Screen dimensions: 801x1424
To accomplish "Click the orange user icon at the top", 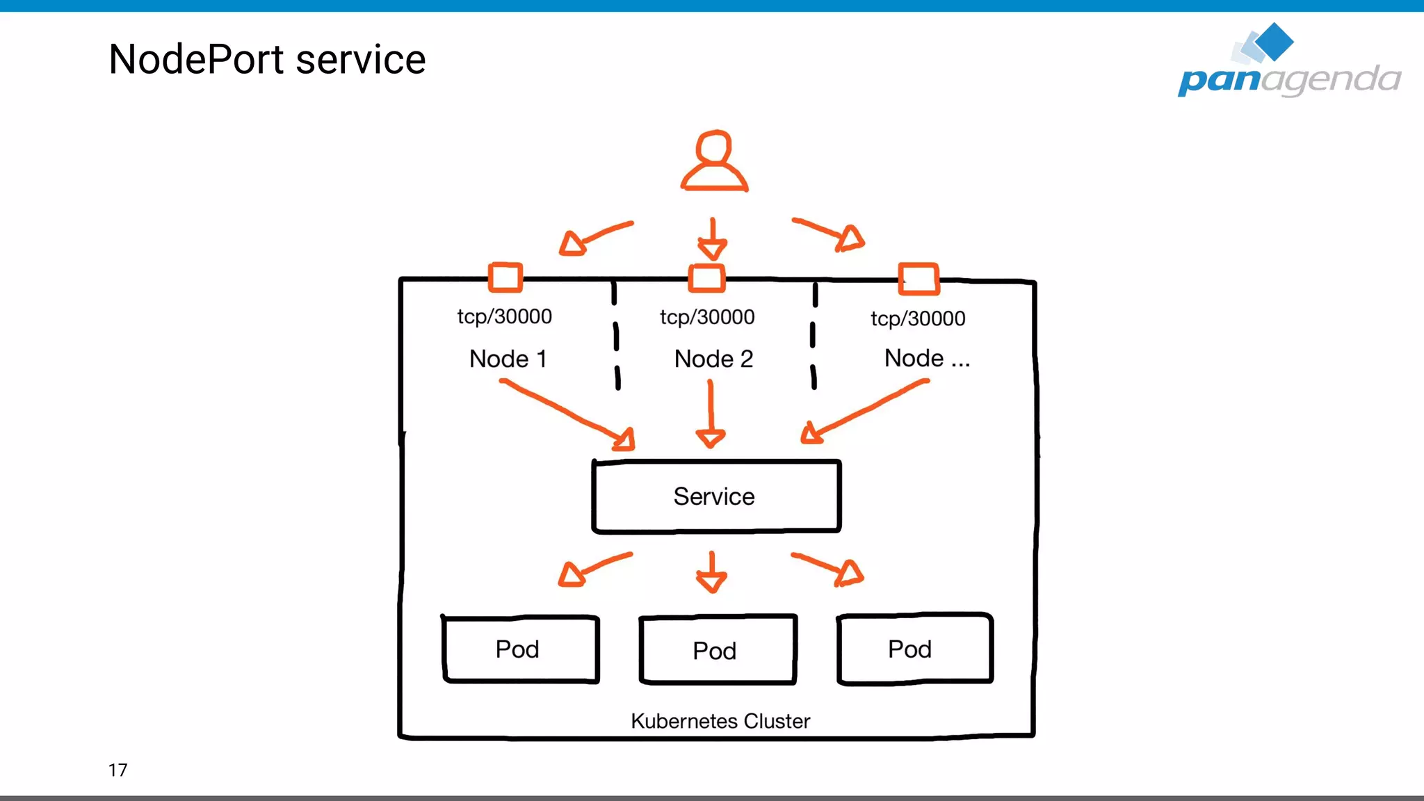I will [714, 161].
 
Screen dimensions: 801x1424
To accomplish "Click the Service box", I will [716, 496].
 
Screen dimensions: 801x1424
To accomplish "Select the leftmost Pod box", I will [520, 649].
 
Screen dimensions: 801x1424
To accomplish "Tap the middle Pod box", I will [718, 650].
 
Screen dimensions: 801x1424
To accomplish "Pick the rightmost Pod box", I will [914, 649].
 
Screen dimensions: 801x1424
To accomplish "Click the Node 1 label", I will [508, 359].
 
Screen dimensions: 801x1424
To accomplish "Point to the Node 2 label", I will [713, 359].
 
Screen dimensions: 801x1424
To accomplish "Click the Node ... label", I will [926, 358].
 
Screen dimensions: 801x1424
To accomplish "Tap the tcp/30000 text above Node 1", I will [504, 316].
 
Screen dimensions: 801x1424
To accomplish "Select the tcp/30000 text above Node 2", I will [707, 317].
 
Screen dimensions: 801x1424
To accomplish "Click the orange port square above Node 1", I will [505, 277].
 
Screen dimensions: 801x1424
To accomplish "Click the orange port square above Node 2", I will [706, 278].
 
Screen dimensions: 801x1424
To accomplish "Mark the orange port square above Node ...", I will [919, 279].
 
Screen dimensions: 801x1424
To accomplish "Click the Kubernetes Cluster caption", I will [720, 721].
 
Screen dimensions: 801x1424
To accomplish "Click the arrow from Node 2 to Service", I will [711, 414].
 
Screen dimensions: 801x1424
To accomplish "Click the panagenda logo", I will [1288, 63].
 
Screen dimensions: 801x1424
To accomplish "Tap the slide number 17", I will [118, 770].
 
